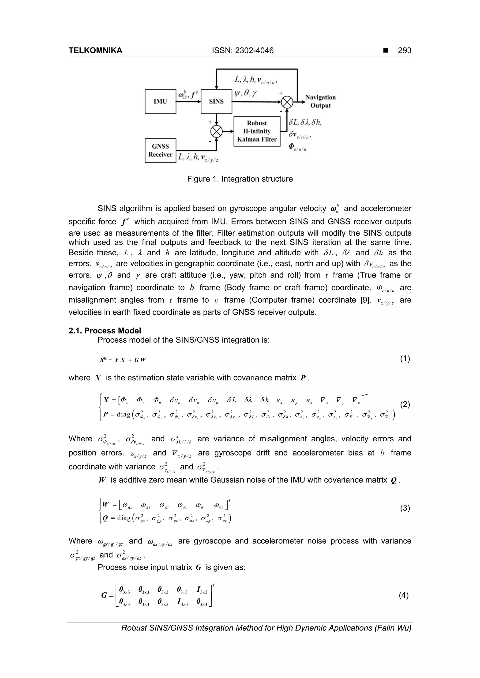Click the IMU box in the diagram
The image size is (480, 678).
pyautogui.click(x=160, y=102)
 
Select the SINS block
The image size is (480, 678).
pyautogui.click(x=216, y=102)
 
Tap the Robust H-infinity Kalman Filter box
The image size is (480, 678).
pyautogui.click(x=257, y=131)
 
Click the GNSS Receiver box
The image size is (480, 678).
pyautogui.click(x=160, y=150)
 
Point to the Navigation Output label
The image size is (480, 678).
pyautogui.click(x=320, y=101)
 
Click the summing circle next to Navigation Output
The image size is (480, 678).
pyautogui.click(x=287, y=102)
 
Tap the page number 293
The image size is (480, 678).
pyautogui.click(x=404, y=51)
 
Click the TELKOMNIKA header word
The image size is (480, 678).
pyautogui.click(x=95, y=51)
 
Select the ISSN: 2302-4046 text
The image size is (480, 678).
pyautogui.click(x=243, y=51)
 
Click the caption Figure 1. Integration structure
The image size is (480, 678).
pyautogui.click(x=240, y=179)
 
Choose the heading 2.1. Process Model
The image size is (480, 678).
pyautogui.click(x=105, y=330)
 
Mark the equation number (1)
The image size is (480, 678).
pyautogui.click(x=405, y=359)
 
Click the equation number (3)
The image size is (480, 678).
pyautogui.click(x=405, y=508)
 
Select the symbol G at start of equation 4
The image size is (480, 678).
pyautogui.click(x=104, y=595)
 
